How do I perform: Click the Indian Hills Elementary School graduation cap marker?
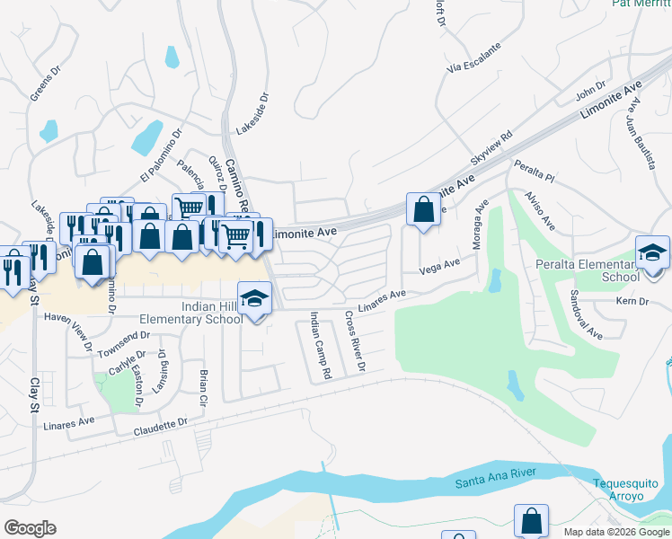[x=254, y=297]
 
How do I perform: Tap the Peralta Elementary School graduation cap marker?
[x=652, y=252]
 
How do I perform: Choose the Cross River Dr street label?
[x=355, y=342]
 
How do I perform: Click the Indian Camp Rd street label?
[x=320, y=344]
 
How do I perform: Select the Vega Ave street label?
[x=440, y=266]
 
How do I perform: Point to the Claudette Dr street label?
[x=161, y=425]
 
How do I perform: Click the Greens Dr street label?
[x=44, y=83]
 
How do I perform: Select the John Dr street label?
[x=590, y=92]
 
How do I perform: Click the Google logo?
[x=29, y=527]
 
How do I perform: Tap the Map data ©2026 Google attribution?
[x=615, y=532]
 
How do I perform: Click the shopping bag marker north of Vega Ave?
[x=423, y=209]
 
